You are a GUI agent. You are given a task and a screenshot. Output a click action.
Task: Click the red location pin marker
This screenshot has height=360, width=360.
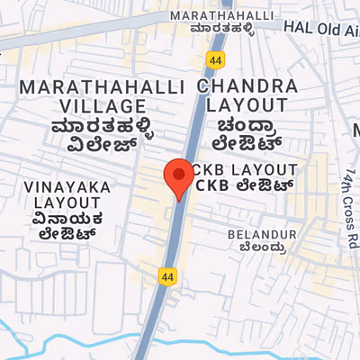point(178,175)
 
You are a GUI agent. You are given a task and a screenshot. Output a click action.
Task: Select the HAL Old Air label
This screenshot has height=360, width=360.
point(321,29)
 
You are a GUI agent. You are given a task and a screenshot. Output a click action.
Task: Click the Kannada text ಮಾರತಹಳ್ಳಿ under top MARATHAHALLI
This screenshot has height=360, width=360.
point(221,30)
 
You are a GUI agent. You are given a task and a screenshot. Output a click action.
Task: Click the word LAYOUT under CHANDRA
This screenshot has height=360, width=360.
point(242,105)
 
